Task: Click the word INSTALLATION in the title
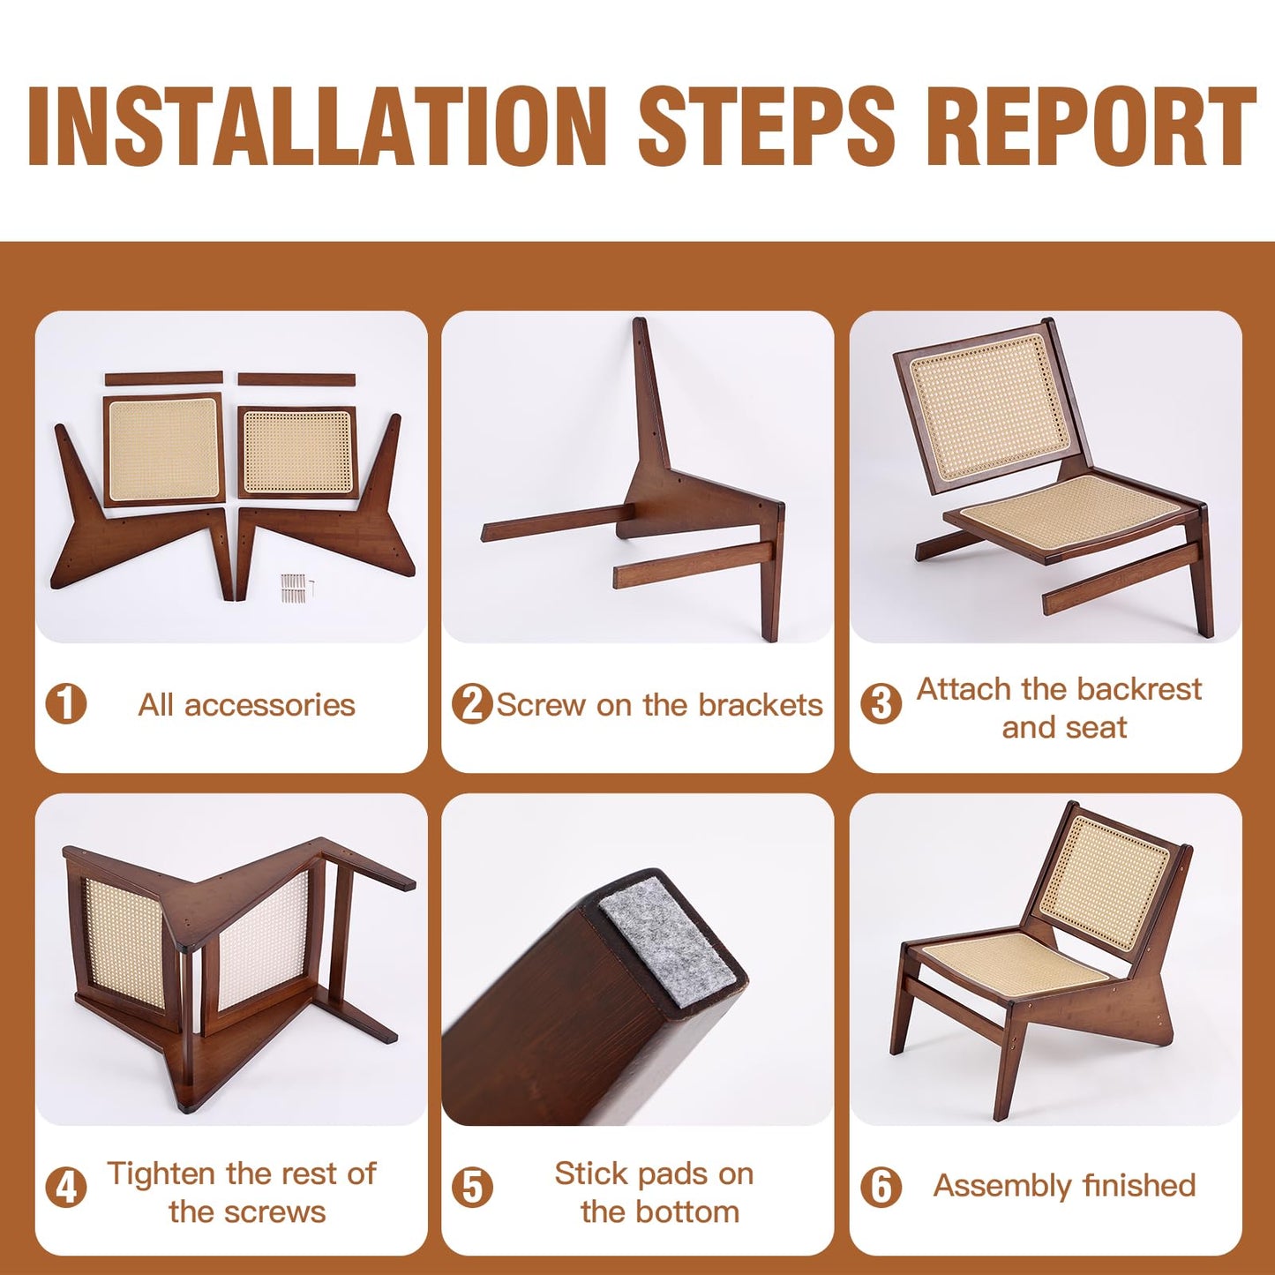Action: coord(317,125)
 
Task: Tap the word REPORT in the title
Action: coord(1095,125)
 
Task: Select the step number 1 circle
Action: coord(66,704)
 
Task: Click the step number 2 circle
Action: coord(472,704)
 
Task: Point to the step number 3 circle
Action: coord(881,704)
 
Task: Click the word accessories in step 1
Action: coord(270,705)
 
